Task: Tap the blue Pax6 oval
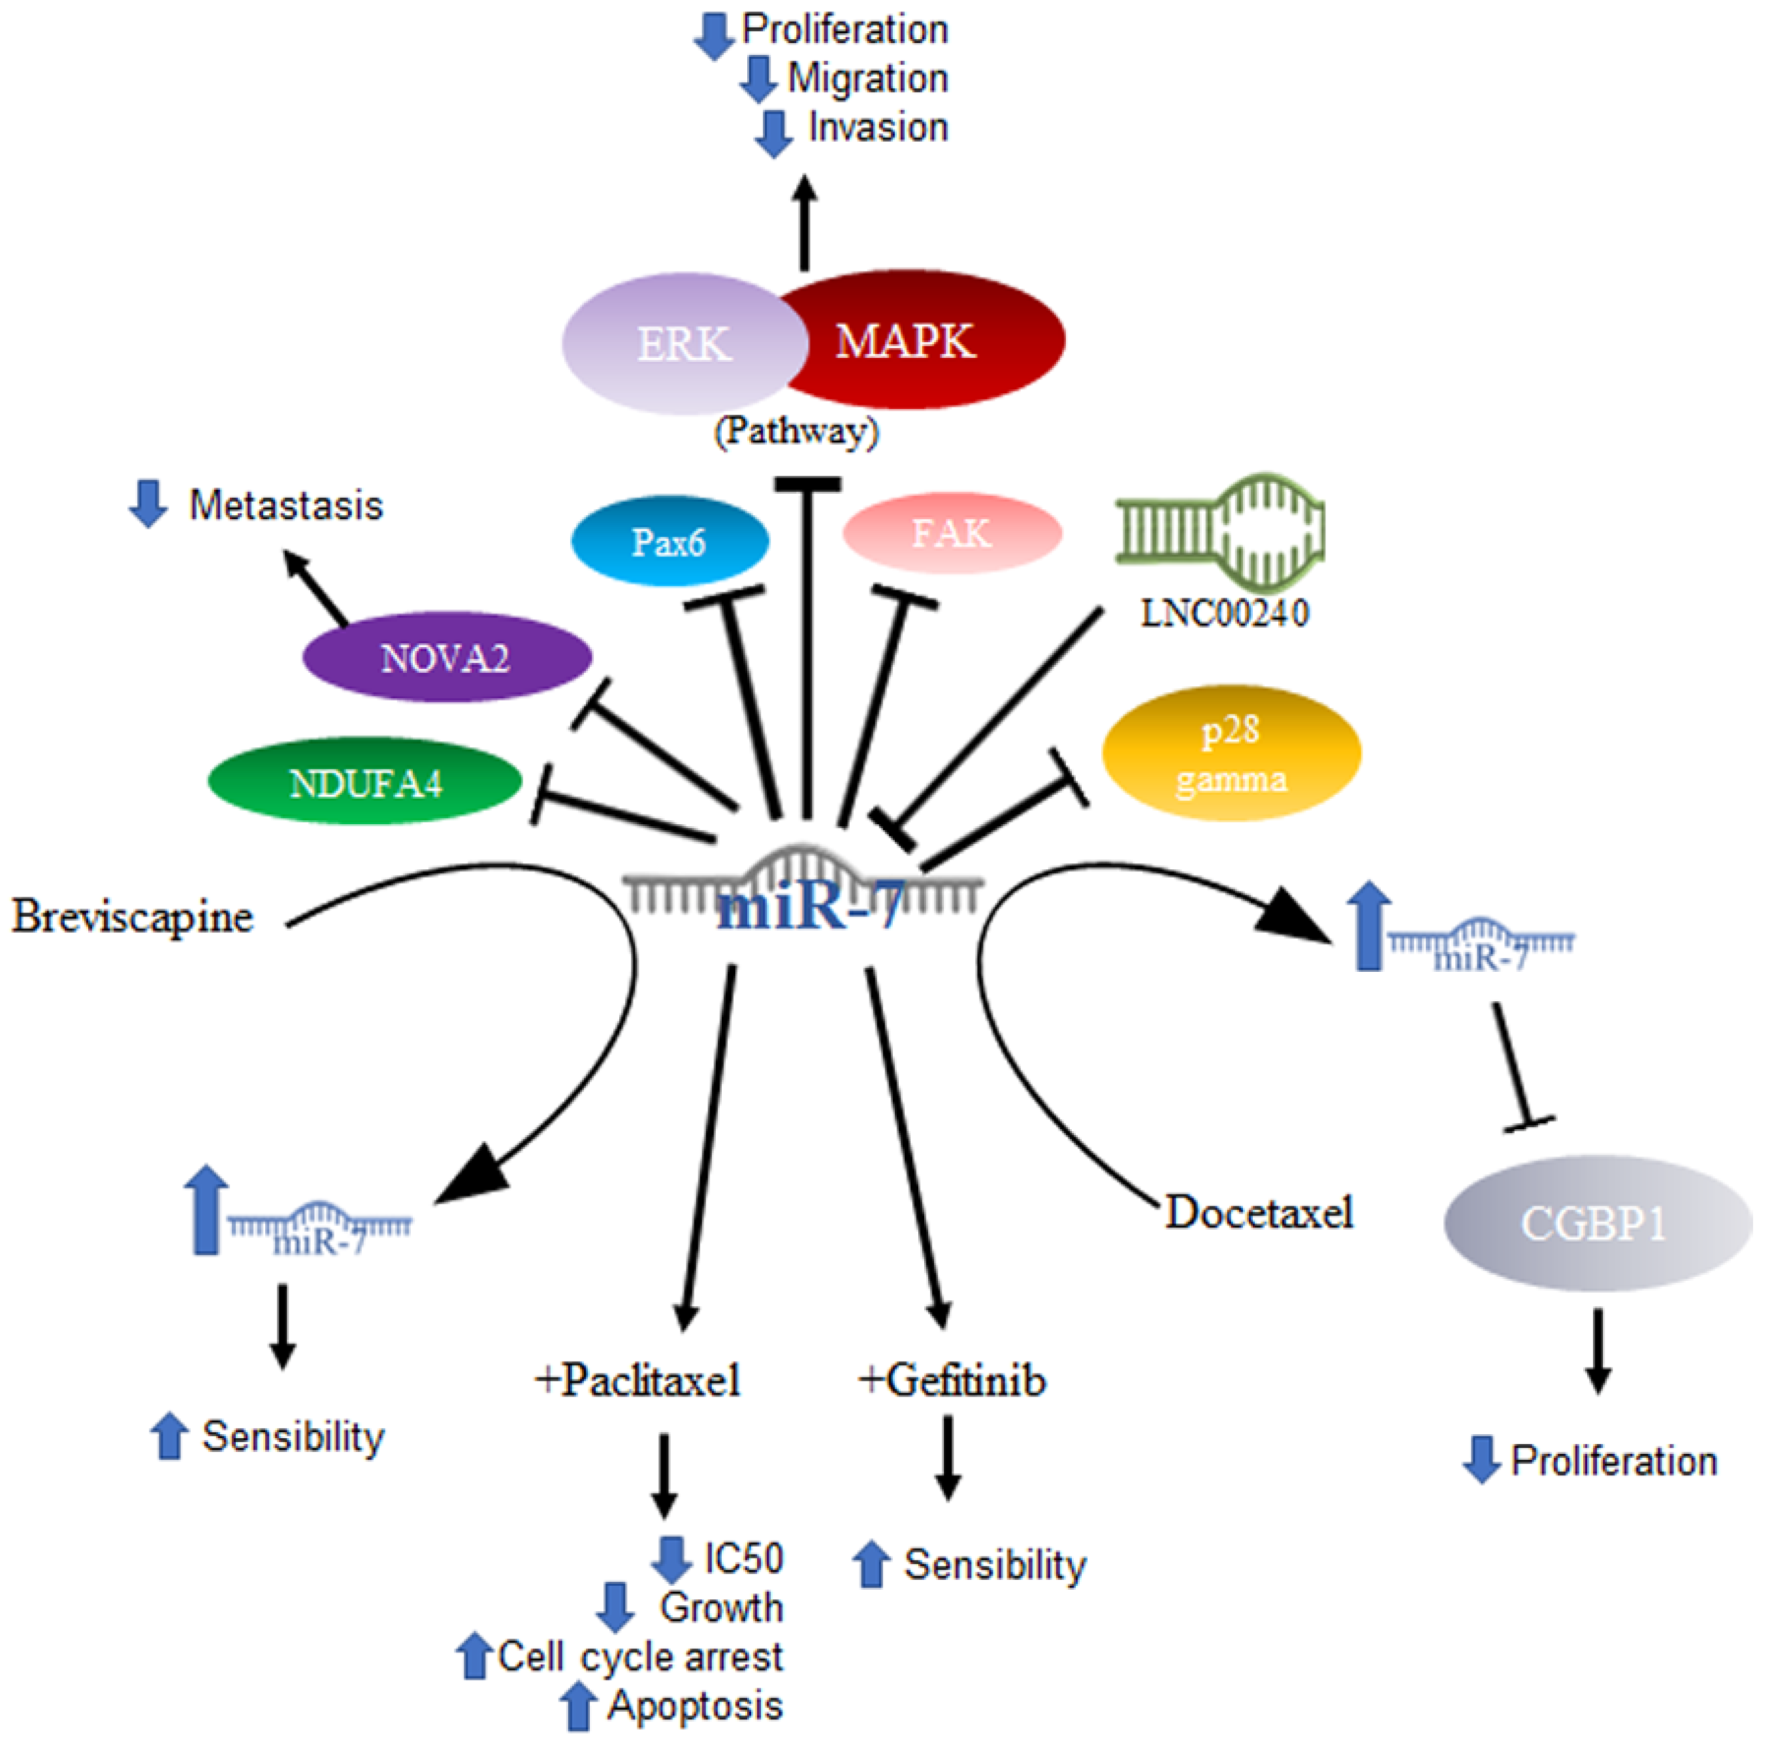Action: point(669,542)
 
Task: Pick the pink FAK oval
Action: point(951,533)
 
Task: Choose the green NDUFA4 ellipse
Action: point(365,782)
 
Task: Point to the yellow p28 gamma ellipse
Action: point(1231,753)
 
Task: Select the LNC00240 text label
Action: point(1225,613)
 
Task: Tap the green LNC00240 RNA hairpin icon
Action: point(1220,532)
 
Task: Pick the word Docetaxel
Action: point(1259,1213)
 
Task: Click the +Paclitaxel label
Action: point(637,1379)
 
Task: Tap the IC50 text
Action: point(743,1558)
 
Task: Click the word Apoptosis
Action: point(695,1706)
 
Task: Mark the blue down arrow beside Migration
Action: point(758,80)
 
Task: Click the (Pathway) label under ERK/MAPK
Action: point(796,430)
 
